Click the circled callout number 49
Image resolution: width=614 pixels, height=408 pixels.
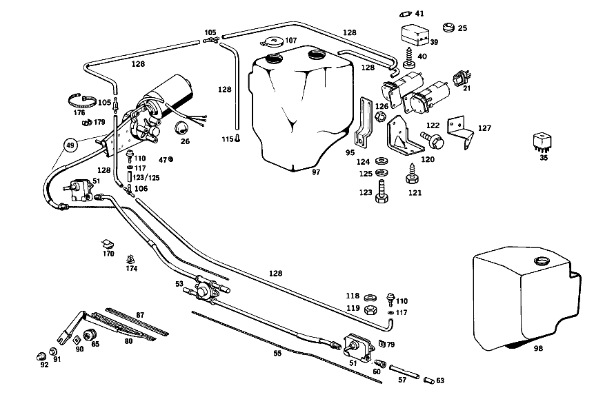point(70,145)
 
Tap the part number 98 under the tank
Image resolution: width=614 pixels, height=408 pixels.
point(538,348)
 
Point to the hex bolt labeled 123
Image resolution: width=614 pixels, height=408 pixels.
point(382,192)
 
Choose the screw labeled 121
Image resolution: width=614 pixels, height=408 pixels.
point(412,174)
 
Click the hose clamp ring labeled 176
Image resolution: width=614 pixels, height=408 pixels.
point(82,102)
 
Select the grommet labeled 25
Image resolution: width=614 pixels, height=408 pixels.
point(448,27)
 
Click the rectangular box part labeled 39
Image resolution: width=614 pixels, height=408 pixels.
point(416,34)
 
